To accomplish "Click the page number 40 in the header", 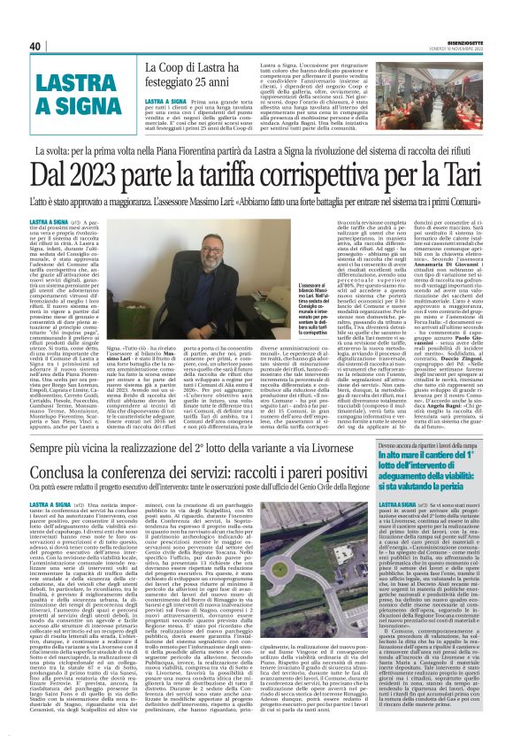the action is pyautogui.click(x=34, y=46).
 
